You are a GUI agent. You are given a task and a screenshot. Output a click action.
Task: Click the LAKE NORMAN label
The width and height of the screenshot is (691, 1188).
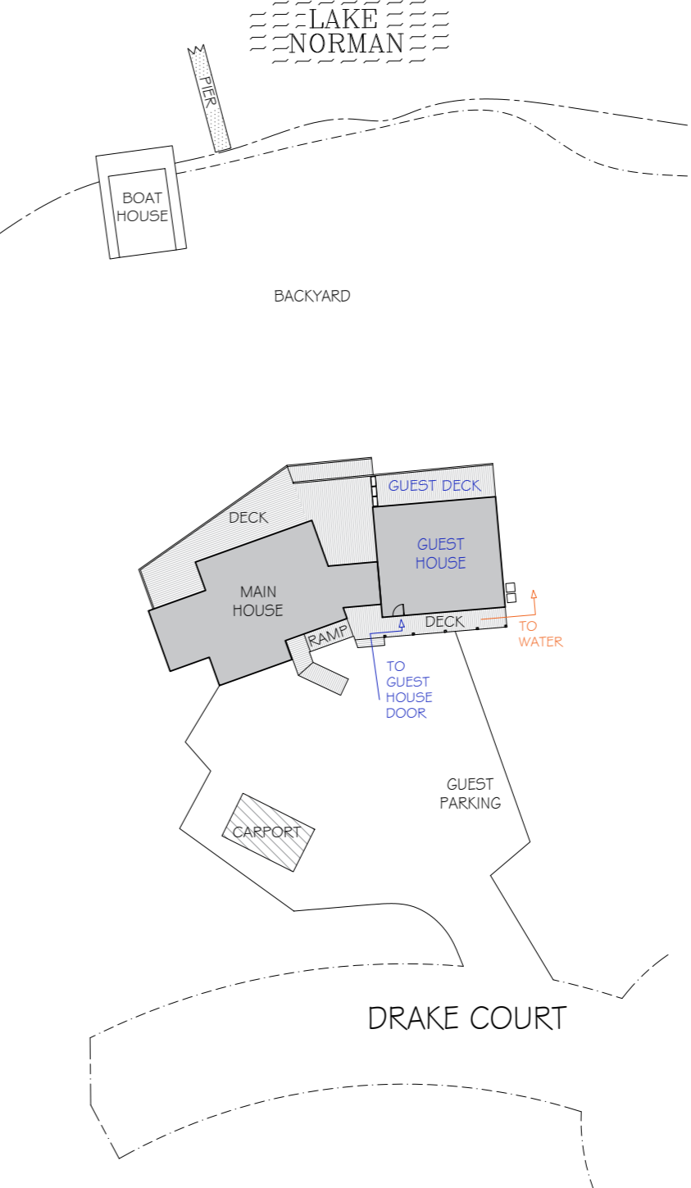point(347,31)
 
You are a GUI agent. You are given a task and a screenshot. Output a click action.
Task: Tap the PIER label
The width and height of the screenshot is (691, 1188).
point(209,97)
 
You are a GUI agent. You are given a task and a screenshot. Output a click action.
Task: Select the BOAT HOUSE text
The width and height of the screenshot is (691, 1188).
point(142,206)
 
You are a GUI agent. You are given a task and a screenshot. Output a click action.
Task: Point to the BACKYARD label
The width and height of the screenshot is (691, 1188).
point(311,296)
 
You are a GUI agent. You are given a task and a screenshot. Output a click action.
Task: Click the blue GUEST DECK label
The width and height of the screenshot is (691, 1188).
point(434,486)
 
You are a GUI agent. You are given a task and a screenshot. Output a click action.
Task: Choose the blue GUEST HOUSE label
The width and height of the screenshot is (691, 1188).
point(440,553)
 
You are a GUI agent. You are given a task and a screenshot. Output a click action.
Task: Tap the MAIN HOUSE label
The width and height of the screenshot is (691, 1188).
point(257,601)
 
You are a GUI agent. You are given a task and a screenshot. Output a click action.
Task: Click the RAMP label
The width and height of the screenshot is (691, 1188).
point(328,637)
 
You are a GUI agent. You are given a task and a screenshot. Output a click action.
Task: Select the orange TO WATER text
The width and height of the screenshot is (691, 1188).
point(540,634)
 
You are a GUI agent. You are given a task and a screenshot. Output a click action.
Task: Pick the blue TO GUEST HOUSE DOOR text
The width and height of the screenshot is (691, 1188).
point(408,689)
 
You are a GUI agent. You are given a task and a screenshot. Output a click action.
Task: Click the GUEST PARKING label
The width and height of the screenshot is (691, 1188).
point(470,793)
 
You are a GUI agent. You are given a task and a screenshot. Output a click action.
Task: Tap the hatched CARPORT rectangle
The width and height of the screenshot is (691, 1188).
point(268,832)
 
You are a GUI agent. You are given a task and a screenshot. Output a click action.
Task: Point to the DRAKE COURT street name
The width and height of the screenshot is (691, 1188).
point(466,1018)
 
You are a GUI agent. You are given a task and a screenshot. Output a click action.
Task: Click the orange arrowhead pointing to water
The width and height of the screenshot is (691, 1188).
point(534,594)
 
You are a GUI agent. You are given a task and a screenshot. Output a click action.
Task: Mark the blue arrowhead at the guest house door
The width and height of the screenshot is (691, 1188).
point(402,624)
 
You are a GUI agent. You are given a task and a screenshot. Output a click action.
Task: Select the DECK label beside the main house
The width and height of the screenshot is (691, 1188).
point(248,517)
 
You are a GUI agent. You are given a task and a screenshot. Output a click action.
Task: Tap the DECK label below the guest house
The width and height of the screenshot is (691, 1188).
point(444,622)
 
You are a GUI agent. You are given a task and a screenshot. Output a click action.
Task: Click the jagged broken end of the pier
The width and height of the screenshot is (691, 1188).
point(197,51)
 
